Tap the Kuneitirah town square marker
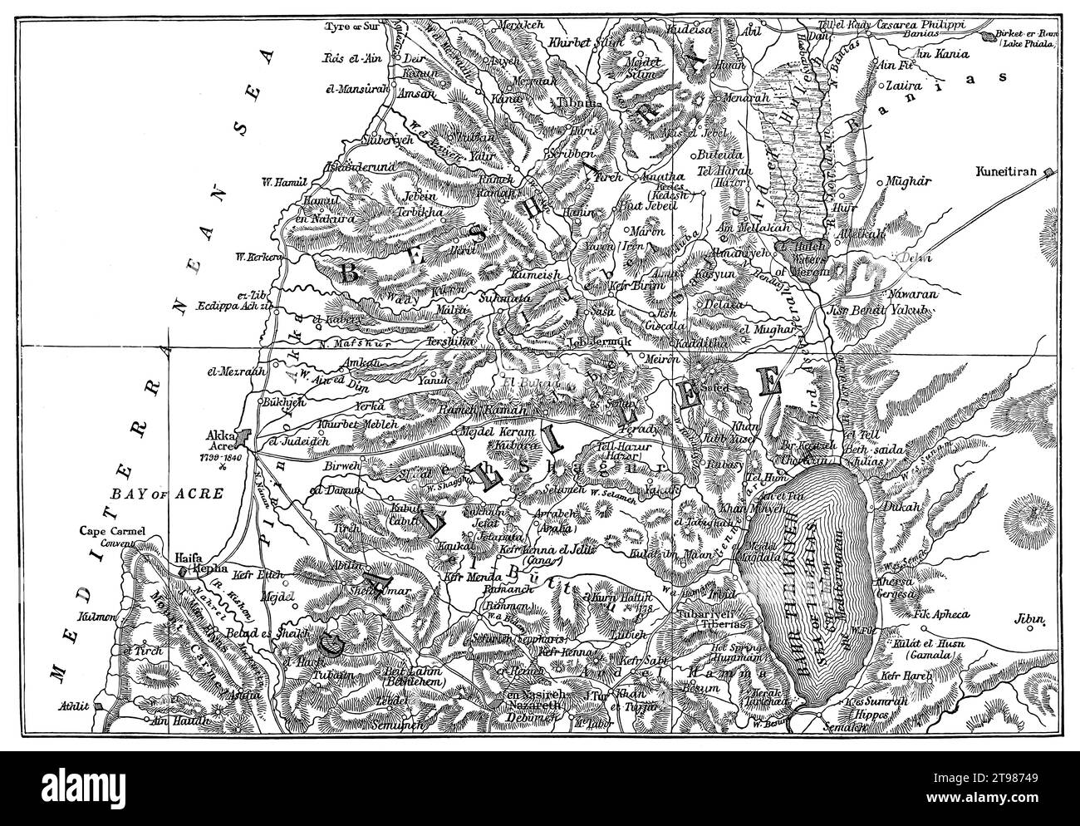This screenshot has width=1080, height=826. tap(1049, 172)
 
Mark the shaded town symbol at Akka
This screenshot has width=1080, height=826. tap(241, 434)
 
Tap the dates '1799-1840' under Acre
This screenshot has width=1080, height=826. tap(221, 456)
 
